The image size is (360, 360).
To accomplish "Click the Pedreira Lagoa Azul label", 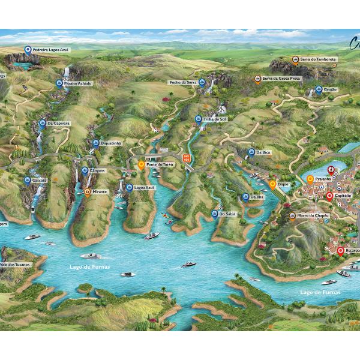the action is [50, 50].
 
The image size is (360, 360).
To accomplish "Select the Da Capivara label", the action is [59, 123].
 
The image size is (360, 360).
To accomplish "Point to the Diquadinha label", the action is [111, 143].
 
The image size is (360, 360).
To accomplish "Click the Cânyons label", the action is [97, 170].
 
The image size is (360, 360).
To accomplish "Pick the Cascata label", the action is [40, 180].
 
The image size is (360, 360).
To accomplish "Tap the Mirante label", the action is [100, 191].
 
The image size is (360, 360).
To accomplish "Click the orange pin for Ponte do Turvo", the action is [142, 164].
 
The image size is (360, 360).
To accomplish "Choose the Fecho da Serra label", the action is [182, 82].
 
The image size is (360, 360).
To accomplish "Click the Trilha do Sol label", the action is [215, 119].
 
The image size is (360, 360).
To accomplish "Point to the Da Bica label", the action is [263, 152].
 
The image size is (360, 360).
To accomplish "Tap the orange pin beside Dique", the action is [272, 184].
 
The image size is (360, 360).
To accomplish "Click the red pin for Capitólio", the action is [329, 196].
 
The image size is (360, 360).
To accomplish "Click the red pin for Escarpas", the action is [341, 251].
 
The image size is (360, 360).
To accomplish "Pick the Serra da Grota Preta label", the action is [281, 78].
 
